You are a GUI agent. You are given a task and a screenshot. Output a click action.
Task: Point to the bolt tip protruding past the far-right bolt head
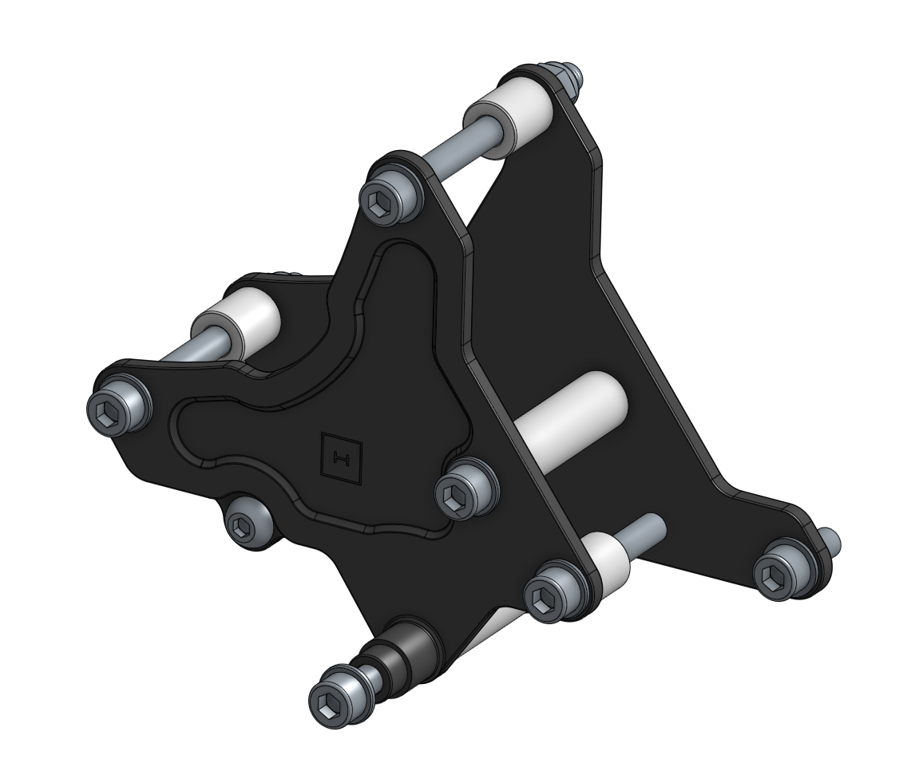(x=831, y=541)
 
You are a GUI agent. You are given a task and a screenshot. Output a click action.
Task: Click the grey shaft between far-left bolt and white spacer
(x=177, y=356)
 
